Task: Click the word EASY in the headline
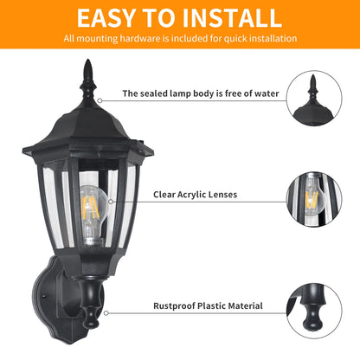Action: [106, 18]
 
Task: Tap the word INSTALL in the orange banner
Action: [232, 18]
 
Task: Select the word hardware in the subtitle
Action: [139, 38]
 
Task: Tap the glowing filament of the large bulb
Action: [90, 207]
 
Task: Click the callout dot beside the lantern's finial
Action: [100, 100]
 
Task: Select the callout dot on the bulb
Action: [111, 202]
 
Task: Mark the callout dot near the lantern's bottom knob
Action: [106, 313]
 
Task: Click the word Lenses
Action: [222, 195]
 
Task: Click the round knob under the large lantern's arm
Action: [90, 317]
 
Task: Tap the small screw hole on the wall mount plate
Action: [43, 296]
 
